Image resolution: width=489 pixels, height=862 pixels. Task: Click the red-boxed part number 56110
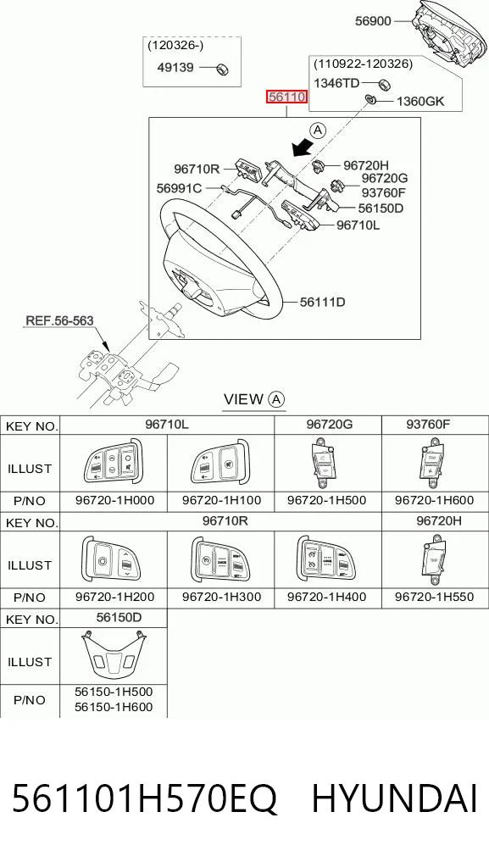coord(286,97)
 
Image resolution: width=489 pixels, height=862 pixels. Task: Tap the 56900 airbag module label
coord(373,21)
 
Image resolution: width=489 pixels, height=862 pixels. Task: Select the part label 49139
coord(175,68)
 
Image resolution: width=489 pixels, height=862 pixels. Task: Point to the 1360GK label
coord(420,101)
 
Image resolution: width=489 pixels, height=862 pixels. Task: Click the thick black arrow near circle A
coord(303,147)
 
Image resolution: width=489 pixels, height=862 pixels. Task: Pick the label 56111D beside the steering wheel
coord(323,302)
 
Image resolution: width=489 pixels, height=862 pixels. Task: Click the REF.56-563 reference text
coord(59,320)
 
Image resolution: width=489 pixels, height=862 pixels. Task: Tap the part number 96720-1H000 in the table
coord(114,500)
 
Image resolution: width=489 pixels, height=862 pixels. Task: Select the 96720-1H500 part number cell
coord(327,500)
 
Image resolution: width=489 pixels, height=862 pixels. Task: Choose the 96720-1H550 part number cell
coord(434,597)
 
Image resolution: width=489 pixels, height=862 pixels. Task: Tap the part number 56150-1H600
coord(114,707)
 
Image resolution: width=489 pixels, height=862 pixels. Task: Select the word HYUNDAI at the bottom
coord(394,798)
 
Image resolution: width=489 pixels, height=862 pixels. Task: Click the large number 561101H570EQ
coord(144,799)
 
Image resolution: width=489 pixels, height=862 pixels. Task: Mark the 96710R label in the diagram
coord(197,169)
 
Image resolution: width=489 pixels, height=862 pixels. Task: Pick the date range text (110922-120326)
coord(363,64)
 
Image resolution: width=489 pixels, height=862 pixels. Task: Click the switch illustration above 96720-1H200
coord(111,559)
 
